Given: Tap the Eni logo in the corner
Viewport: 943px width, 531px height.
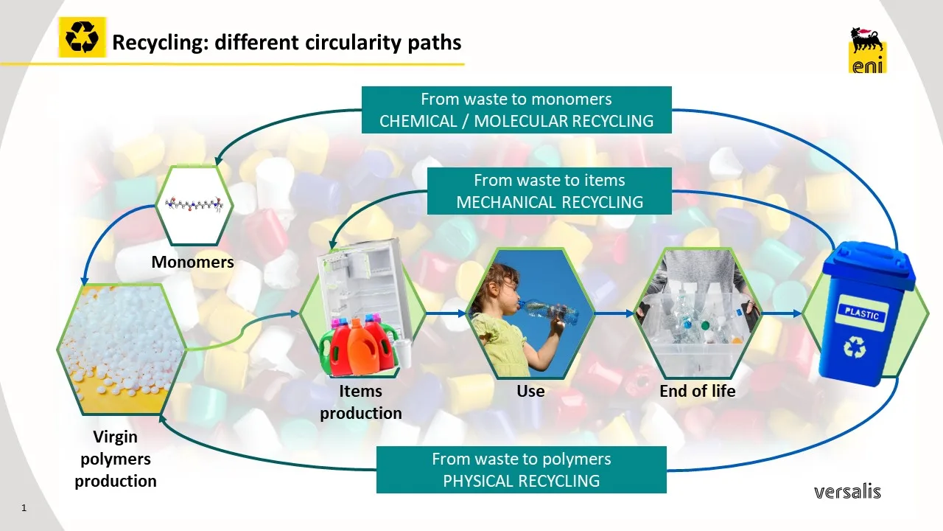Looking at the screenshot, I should (x=867, y=50).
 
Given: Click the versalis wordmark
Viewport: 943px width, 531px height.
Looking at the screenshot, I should (x=847, y=491).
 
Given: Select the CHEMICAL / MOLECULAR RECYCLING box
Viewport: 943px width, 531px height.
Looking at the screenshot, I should (x=516, y=110).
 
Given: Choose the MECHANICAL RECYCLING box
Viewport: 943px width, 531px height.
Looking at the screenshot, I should (x=549, y=191).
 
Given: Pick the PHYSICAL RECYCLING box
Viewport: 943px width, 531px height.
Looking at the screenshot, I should (x=521, y=470).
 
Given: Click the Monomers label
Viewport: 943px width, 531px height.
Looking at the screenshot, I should (x=192, y=262).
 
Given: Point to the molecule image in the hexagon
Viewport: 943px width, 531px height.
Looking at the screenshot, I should (x=194, y=204).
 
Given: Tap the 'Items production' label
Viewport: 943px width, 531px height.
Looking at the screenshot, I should (x=361, y=402).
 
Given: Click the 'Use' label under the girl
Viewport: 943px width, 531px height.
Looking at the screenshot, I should (x=530, y=391).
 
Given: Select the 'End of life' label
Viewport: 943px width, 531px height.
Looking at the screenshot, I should (x=697, y=391).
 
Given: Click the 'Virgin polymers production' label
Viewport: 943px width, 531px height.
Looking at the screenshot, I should (x=116, y=459).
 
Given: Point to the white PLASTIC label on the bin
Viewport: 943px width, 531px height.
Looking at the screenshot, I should (x=861, y=313).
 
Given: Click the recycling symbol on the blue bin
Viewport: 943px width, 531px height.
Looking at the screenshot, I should (x=855, y=347).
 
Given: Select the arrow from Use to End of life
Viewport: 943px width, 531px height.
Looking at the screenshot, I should (x=614, y=313).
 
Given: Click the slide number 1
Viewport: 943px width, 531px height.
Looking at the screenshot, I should (x=24, y=508).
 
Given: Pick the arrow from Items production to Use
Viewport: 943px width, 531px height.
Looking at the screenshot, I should (x=446, y=313).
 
